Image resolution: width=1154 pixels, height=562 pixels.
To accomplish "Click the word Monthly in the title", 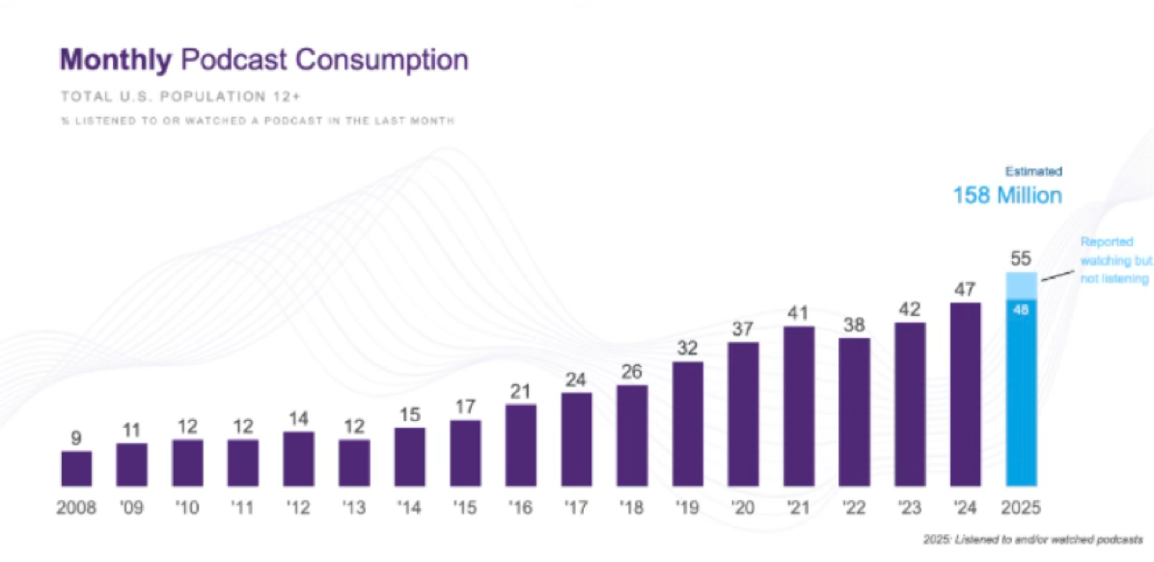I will click(116, 60).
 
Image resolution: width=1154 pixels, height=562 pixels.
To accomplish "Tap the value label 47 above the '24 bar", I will click(966, 288).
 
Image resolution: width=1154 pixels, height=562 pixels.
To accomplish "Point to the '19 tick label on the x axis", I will click(687, 507).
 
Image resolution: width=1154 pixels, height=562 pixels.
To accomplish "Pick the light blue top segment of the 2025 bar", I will click(1021, 285).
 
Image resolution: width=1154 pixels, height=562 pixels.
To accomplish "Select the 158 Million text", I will click(1007, 196).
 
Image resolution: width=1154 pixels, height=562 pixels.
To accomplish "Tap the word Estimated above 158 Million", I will click(1035, 172).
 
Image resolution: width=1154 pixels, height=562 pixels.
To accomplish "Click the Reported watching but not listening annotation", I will click(1113, 260).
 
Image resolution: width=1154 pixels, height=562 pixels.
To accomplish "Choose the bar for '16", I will click(521, 444).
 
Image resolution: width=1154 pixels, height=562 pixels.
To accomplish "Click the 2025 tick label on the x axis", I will click(1021, 507).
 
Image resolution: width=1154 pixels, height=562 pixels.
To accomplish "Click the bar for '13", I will click(354, 462).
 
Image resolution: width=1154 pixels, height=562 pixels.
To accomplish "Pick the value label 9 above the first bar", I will click(76, 437).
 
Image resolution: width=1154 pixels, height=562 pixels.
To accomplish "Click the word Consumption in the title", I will click(381, 60).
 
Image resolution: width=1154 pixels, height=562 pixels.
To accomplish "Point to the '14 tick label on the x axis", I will click(410, 507).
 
